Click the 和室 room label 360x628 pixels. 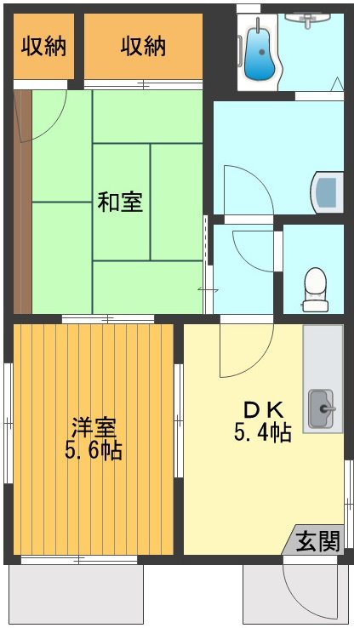tap(120, 203)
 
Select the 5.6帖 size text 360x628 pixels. tap(94, 450)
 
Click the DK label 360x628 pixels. tap(263, 409)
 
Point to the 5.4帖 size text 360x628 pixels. tap(263, 432)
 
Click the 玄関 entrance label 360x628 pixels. tap(318, 540)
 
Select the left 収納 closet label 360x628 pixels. tap(43, 46)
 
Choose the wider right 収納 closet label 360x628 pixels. tap(143, 46)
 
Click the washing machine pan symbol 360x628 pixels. tap(329, 192)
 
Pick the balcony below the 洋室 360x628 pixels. tap(75, 594)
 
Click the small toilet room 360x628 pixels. tap(314, 268)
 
